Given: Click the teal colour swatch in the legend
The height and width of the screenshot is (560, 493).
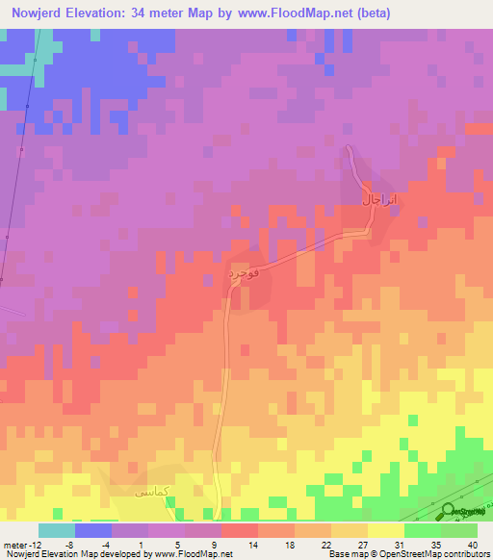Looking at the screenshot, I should [x=57, y=530].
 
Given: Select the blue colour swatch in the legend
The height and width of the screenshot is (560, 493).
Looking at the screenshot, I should [x=93, y=530].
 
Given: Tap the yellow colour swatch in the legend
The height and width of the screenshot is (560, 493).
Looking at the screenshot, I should [x=386, y=530].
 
